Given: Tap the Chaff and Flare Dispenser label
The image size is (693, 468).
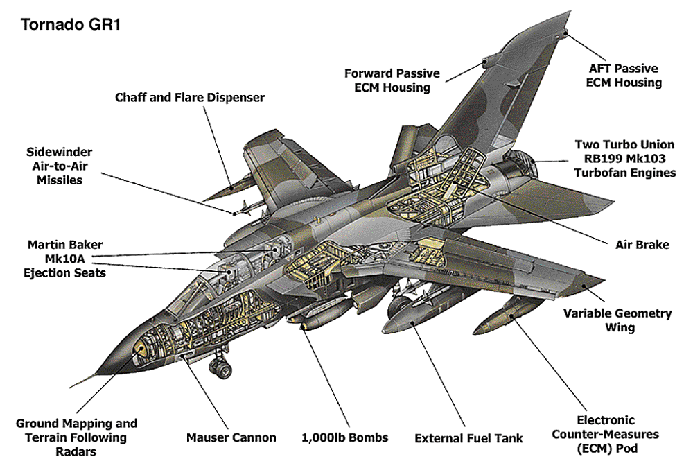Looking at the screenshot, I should (x=190, y=98).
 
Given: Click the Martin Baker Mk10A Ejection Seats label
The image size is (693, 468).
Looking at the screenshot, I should (x=66, y=259).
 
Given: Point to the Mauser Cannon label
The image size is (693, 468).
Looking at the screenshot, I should (x=231, y=437).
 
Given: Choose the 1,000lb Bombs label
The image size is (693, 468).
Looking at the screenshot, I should (x=344, y=437).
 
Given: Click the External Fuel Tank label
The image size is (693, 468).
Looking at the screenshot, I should (x=468, y=438).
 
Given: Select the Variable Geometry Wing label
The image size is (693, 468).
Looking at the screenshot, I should (x=617, y=320).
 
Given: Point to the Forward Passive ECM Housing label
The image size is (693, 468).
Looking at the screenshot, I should (x=392, y=80).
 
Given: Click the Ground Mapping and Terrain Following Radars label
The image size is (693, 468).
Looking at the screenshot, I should (x=76, y=437).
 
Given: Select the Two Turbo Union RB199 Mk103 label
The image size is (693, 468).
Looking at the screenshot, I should (x=624, y=159).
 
